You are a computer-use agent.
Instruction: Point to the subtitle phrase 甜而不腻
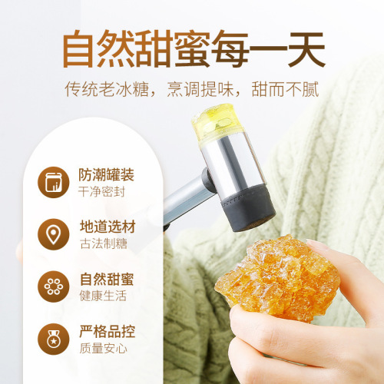click(290, 91)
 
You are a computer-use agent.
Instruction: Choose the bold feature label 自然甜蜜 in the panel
click(107, 279)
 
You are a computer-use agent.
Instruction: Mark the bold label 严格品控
click(107, 332)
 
